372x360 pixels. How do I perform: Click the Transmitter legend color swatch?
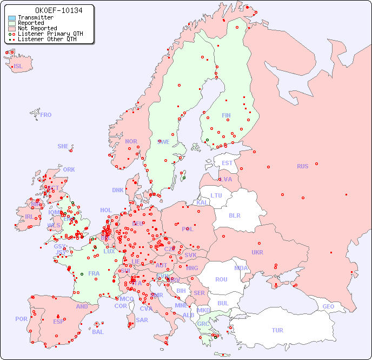(x=12, y=17)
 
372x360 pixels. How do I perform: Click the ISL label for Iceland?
(x=18, y=67)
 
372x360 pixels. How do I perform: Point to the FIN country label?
(x=226, y=115)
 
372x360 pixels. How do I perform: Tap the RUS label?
(x=302, y=166)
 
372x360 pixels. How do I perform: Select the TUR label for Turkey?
(x=277, y=330)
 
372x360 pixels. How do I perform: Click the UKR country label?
(x=257, y=252)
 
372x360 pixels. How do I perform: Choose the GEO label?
(x=328, y=306)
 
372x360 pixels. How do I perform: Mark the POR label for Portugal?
(x=21, y=319)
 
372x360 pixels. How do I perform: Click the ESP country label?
(x=58, y=321)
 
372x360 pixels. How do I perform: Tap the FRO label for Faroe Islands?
(x=46, y=115)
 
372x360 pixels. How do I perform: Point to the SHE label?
(x=63, y=146)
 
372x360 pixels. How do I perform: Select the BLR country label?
(x=235, y=215)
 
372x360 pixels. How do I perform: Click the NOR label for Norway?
(x=131, y=141)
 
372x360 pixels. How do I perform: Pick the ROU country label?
(x=221, y=279)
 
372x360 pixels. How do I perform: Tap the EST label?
(x=227, y=163)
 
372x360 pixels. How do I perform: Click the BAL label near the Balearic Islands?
(x=98, y=332)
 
